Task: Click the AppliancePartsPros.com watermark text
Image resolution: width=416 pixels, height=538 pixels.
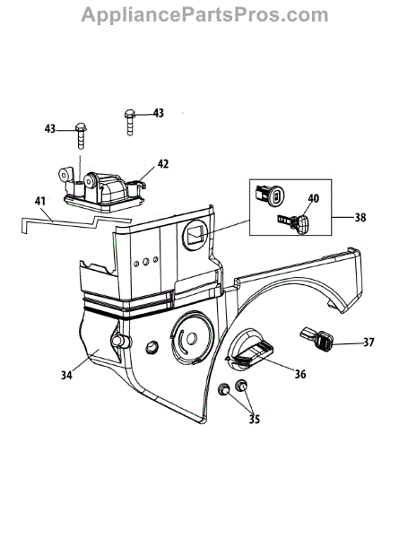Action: coord(204,14)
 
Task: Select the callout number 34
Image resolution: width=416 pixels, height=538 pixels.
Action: coord(66,375)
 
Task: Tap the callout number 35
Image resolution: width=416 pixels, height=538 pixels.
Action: coord(254,419)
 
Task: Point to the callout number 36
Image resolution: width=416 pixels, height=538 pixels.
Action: coord(300,374)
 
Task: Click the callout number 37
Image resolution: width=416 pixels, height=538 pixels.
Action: coord(368,343)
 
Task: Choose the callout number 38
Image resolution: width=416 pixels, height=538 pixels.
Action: coord(360,217)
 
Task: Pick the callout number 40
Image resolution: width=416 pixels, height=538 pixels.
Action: coord(313,198)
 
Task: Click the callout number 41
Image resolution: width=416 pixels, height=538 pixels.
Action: coord(40,201)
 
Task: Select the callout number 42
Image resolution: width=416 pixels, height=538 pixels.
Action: coord(163,164)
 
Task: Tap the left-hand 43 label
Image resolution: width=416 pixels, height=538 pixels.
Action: coord(49,128)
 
